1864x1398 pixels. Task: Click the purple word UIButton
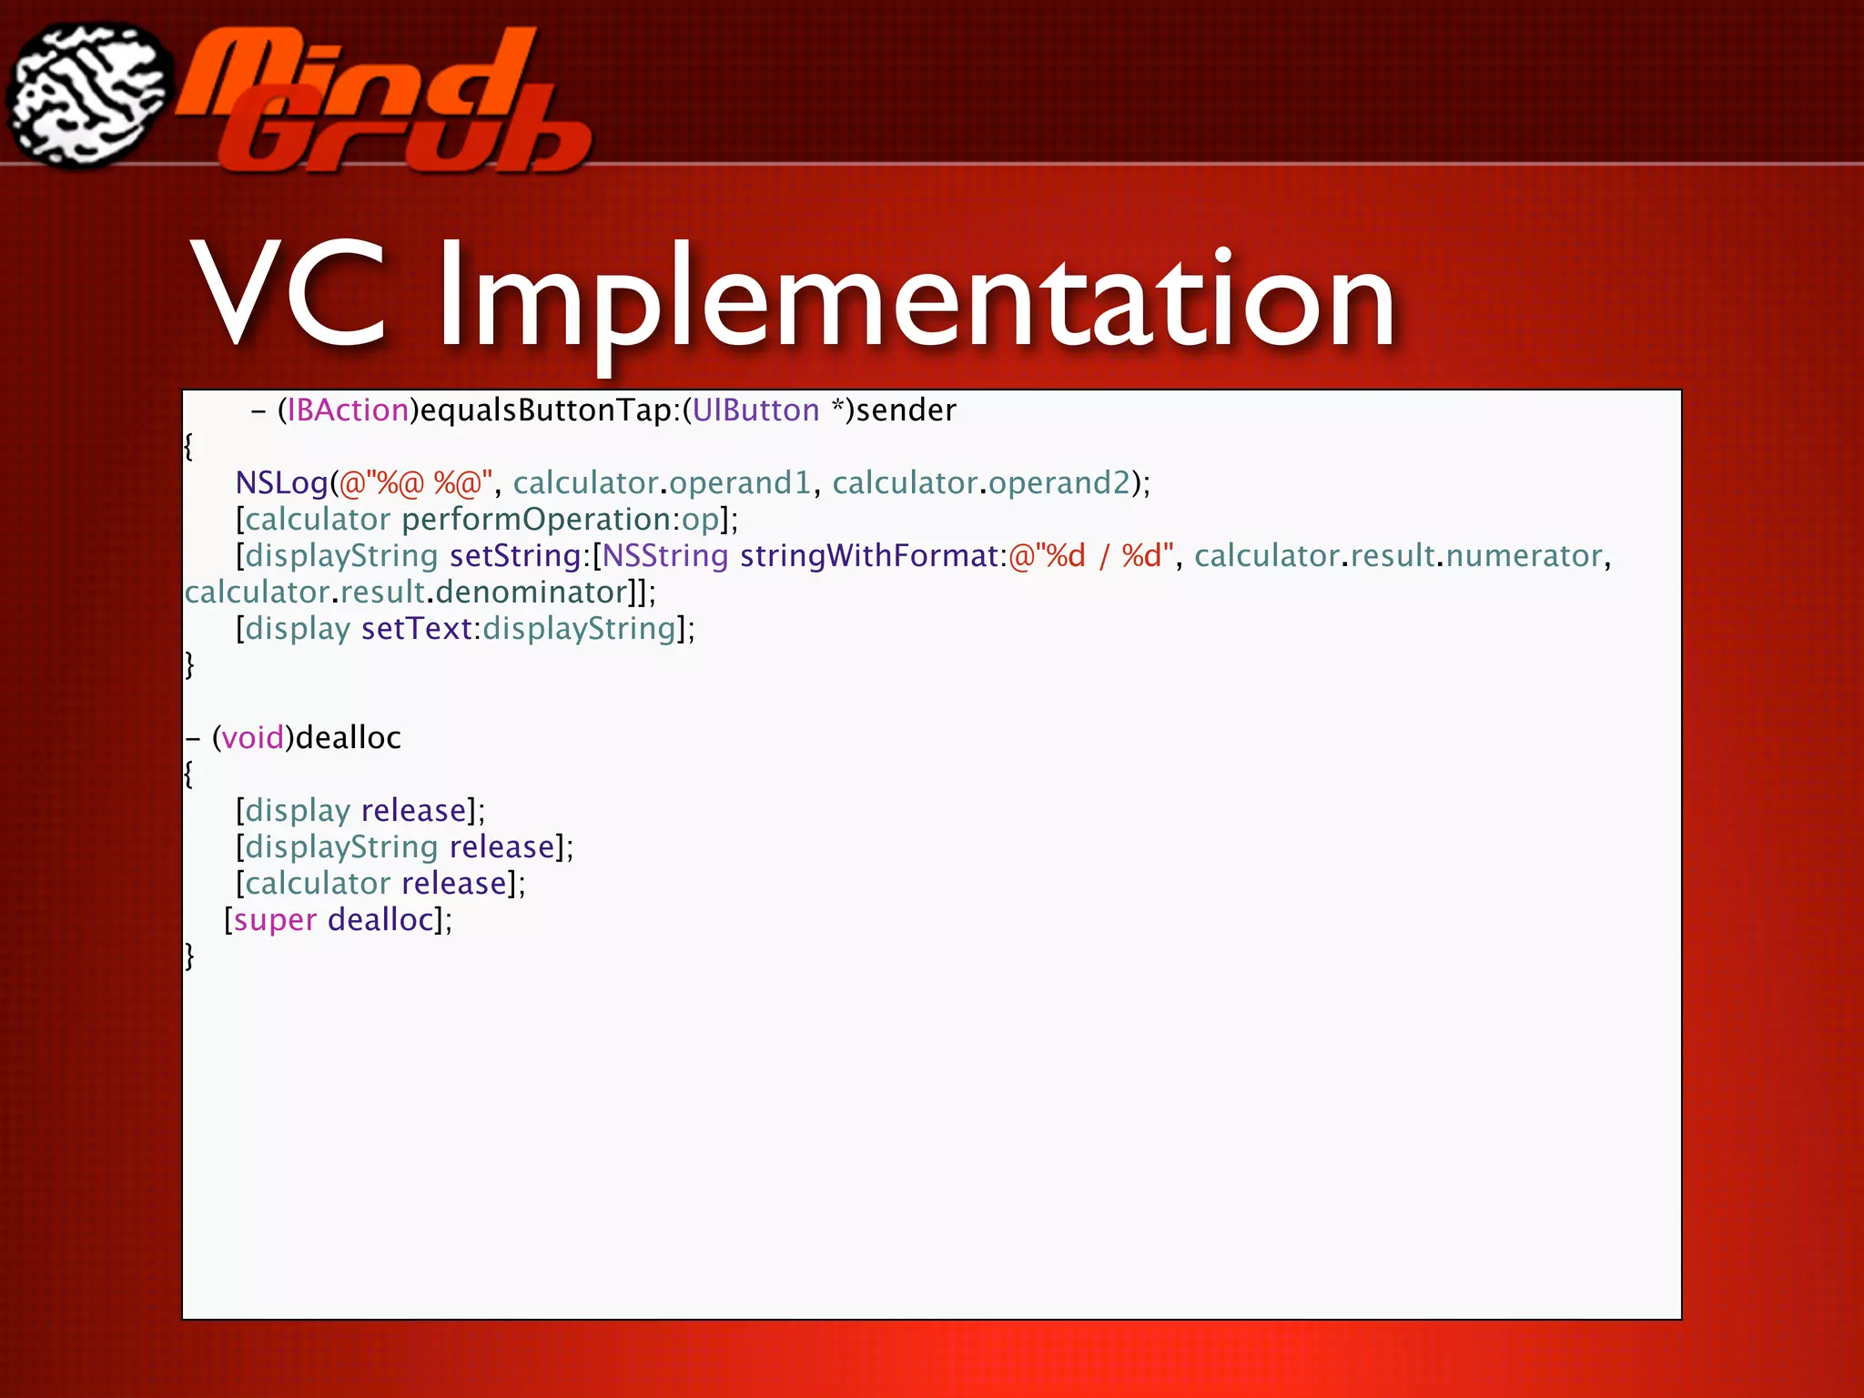pos(755,410)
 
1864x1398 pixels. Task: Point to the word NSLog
pos(281,483)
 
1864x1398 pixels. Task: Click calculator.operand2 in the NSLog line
pos(981,483)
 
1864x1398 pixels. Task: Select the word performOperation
pos(537,520)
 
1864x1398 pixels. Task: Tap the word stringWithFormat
pos(869,556)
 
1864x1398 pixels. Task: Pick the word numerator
pos(1524,556)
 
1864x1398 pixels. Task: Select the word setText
pos(416,629)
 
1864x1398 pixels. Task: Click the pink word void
pos(253,738)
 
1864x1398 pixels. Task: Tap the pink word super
pos(275,920)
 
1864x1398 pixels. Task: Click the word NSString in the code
pos(664,556)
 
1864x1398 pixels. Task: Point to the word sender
pos(906,410)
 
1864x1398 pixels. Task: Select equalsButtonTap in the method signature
pos(545,410)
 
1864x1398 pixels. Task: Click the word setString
pos(515,556)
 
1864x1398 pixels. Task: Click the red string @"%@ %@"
pos(415,483)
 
